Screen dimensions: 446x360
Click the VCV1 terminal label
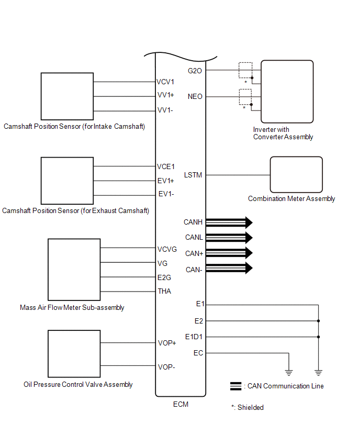point(165,82)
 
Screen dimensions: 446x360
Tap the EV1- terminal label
point(166,194)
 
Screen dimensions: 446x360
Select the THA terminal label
point(164,291)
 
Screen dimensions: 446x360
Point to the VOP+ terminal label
point(167,343)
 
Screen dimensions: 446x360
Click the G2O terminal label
point(195,70)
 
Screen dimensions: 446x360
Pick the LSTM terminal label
point(193,175)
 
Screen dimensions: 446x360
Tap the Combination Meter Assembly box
point(296,175)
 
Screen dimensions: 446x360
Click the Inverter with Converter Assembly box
point(287,91)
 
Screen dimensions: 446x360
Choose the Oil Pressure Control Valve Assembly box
point(74,353)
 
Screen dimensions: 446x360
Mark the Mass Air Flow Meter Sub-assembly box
point(74,269)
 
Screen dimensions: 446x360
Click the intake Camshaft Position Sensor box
point(67,96)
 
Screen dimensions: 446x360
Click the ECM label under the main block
point(181,404)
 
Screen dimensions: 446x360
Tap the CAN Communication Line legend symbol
point(235,386)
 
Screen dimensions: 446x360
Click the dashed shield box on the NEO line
point(245,97)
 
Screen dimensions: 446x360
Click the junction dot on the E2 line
point(318,321)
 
